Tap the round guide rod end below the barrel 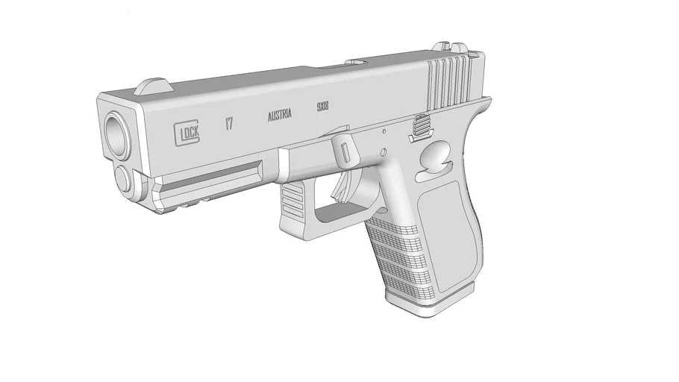(x=122, y=179)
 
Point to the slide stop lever (x=421, y=129)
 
